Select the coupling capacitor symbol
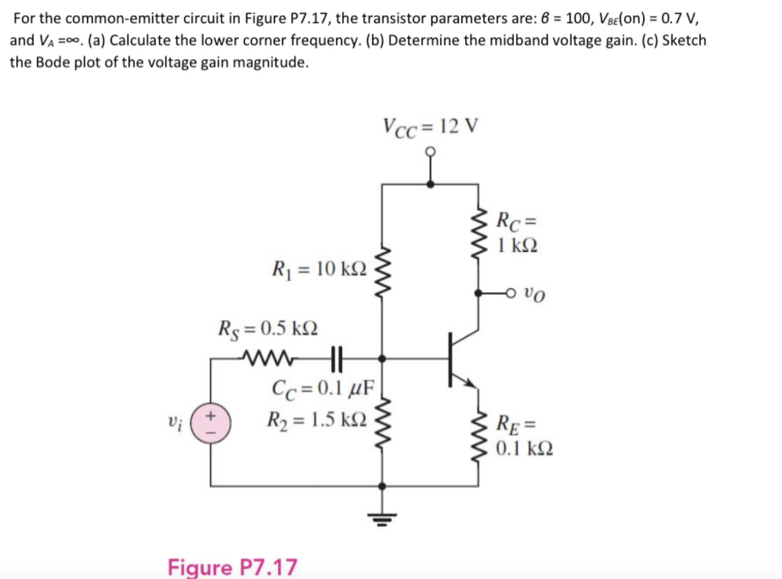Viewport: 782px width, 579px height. click(337, 356)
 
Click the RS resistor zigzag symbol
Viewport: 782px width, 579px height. click(267, 356)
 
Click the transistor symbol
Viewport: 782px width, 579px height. click(461, 357)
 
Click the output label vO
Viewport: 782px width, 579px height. click(537, 293)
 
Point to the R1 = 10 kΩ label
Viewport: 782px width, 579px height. click(319, 269)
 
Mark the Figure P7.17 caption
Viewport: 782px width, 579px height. click(232, 568)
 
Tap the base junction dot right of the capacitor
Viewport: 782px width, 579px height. click(382, 357)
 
